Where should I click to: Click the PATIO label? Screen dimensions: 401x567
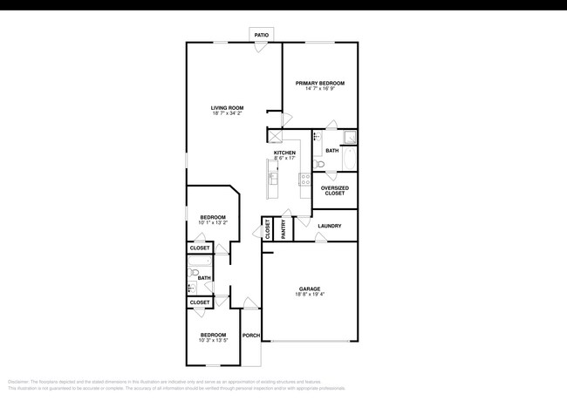[x=262, y=35]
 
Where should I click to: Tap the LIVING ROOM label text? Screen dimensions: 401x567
[x=226, y=108]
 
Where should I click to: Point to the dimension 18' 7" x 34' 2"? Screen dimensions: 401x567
[x=226, y=114]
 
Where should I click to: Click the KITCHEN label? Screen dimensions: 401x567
[x=284, y=153]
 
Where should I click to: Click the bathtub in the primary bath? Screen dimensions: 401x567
[x=350, y=160]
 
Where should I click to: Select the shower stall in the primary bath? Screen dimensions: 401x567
[x=349, y=136]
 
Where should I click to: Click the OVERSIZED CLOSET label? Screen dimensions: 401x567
[x=333, y=190]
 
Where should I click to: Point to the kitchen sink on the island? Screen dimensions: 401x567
[x=272, y=179]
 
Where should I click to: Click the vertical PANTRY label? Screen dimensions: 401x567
[x=283, y=228]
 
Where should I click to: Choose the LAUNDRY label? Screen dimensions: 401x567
[x=330, y=226]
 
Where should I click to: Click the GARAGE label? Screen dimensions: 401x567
[x=310, y=289]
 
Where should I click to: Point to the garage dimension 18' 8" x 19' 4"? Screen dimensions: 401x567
[x=310, y=295]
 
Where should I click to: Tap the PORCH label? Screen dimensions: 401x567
[x=251, y=336]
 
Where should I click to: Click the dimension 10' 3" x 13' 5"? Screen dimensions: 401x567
[x=214, y=341]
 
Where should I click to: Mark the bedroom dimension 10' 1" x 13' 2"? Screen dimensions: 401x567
[x=213, y=223]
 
